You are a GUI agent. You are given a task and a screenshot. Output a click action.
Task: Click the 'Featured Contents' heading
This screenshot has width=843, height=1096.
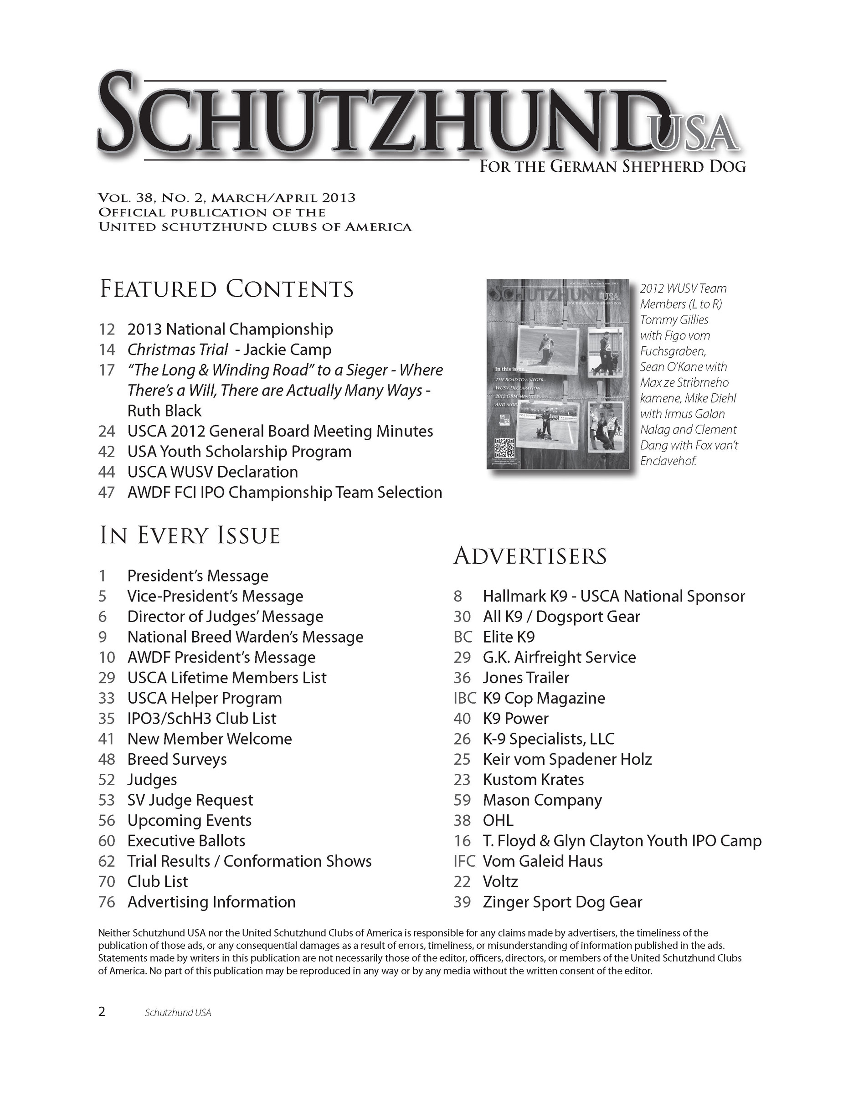pos(227,289)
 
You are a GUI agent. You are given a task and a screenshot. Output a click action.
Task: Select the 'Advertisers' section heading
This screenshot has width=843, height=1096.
pos(530,556)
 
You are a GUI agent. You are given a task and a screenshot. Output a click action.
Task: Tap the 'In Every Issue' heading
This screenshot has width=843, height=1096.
pos(190,535)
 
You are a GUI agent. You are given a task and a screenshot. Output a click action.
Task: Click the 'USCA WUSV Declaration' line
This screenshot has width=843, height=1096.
pos(212,472)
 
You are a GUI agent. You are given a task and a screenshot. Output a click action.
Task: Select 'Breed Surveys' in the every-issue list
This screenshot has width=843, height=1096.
pos(177,759)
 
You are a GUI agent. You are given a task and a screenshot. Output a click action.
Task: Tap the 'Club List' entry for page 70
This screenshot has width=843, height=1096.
pos(158,881)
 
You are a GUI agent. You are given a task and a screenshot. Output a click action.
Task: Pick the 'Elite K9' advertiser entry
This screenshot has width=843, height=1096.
pos(509,637)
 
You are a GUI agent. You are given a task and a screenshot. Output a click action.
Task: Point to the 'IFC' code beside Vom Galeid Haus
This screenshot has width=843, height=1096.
pos(464,861)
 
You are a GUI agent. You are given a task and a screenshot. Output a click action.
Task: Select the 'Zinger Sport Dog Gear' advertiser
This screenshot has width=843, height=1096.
pos(562,902)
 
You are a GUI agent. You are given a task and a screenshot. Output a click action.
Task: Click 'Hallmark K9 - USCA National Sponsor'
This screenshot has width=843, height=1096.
pos(614,596)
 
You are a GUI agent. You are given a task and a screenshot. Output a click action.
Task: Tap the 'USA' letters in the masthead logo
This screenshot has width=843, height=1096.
pos(694,133)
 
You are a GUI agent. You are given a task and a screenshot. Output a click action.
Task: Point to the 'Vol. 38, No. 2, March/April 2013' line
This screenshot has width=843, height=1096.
pos(227,198)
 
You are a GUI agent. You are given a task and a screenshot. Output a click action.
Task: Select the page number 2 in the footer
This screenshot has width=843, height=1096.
pos(102,1012)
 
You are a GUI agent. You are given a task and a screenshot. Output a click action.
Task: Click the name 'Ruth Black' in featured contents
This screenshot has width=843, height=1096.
pos(164,411)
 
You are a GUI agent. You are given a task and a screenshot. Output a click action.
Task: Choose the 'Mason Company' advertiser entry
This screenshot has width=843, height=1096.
pos(542,800)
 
